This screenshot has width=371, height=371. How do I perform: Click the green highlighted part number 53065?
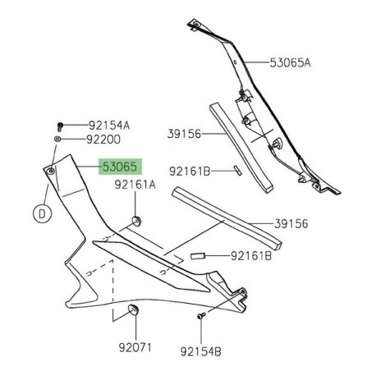[x=121, y=167]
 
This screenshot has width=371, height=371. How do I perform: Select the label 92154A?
[x=109, y=126]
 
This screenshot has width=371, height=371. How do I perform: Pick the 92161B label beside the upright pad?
[x=190, y=171]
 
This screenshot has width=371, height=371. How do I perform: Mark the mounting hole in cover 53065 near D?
[x=51, y=171]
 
